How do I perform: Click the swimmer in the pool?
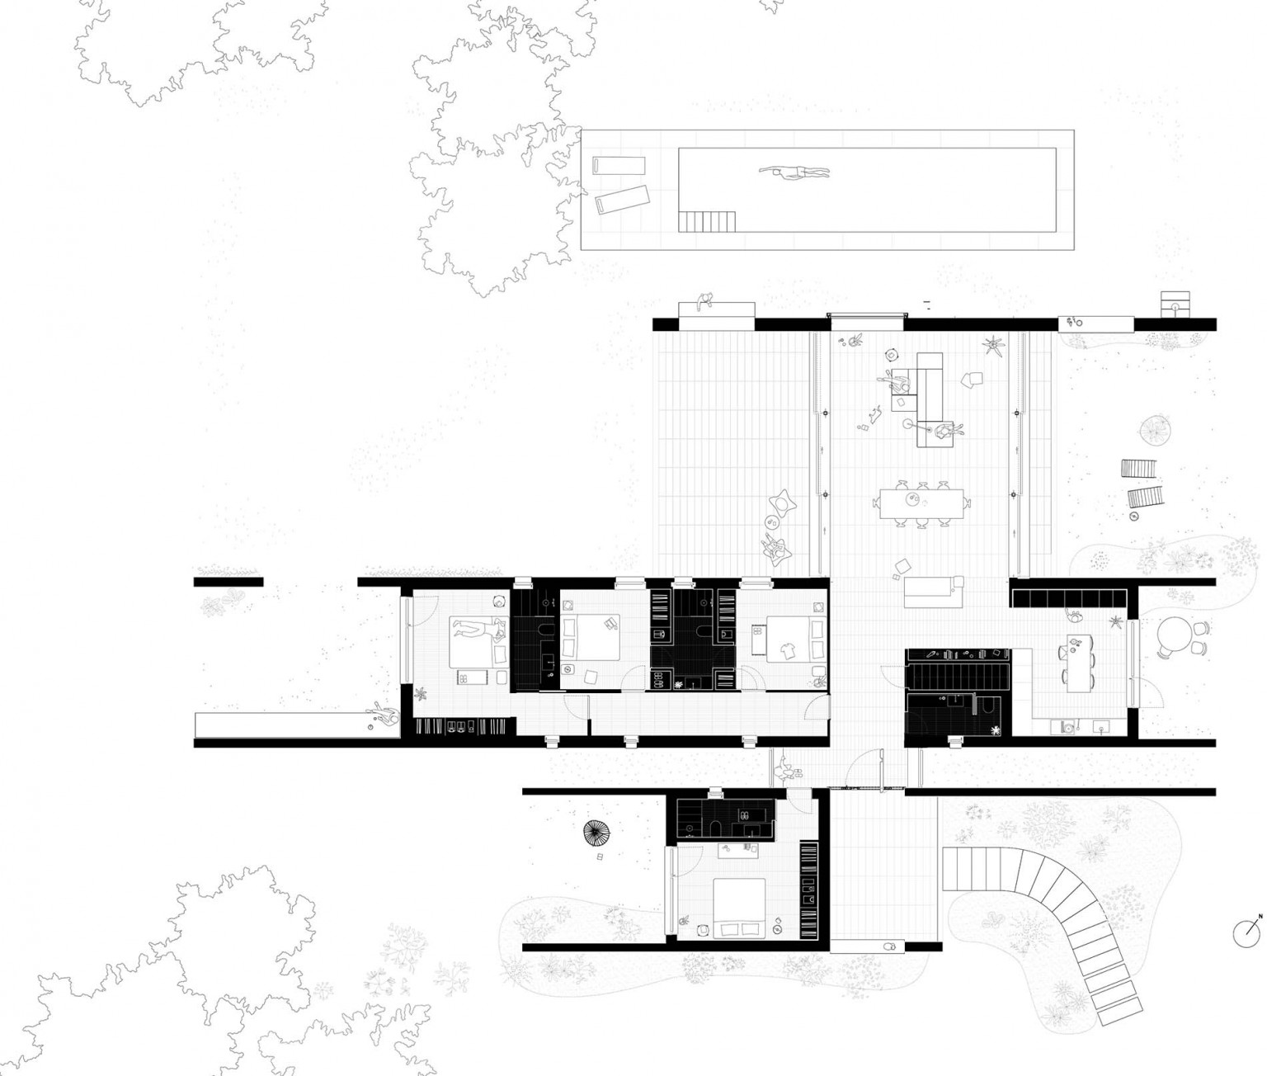pos(794,173)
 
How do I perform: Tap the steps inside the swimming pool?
pos(707,221)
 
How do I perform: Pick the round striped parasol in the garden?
pos(597,833)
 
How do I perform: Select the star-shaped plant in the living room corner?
pos(993,346)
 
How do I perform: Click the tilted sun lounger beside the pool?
pos(622,199)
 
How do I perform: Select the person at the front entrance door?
pos(784,768)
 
